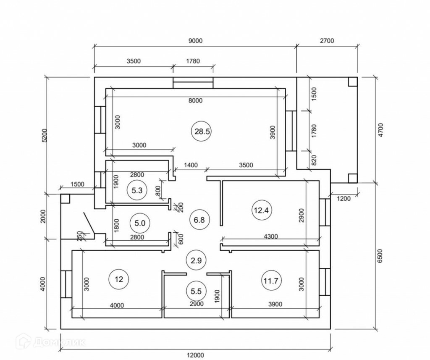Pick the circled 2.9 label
point(197,260)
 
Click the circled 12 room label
point(119,279)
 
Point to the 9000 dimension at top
point(196,41)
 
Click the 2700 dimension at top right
point(327,41)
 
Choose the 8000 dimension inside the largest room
point(196,100)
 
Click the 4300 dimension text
point(270,236)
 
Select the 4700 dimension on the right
point(380,130)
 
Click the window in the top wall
point(193,82)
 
